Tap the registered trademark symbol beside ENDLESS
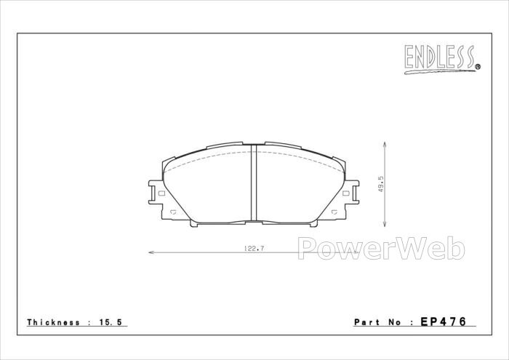pos(478,67)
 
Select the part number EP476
pos(444,321)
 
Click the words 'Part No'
pos(377,322)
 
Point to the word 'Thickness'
pos(53,322)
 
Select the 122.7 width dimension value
pos(254,249)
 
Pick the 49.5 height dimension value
pos(381,184)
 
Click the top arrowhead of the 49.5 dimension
pos(385,145)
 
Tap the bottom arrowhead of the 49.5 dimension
pos(385,223)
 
